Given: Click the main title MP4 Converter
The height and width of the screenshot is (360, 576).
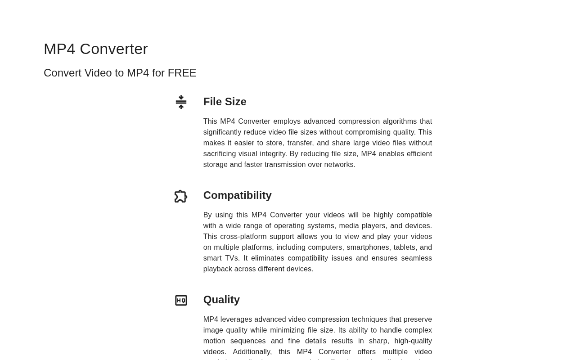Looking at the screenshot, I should (95, 49).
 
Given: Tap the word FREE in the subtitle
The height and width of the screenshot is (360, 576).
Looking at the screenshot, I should (182, 73).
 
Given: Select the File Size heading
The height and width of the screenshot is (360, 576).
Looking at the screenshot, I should (225, 102).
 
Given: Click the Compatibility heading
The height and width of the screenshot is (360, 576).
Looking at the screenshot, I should (237, 195).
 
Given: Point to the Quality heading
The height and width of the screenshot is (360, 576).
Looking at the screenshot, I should (221, 300).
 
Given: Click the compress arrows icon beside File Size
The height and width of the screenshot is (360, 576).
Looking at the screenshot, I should (181, 102).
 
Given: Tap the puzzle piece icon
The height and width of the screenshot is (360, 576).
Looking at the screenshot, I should (181, 196).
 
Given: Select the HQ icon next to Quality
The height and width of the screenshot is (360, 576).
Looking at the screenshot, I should (181, 301).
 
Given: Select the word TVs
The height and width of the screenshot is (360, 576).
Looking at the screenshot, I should (231, 258).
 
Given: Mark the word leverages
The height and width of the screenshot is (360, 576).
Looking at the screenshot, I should (236, 319).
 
